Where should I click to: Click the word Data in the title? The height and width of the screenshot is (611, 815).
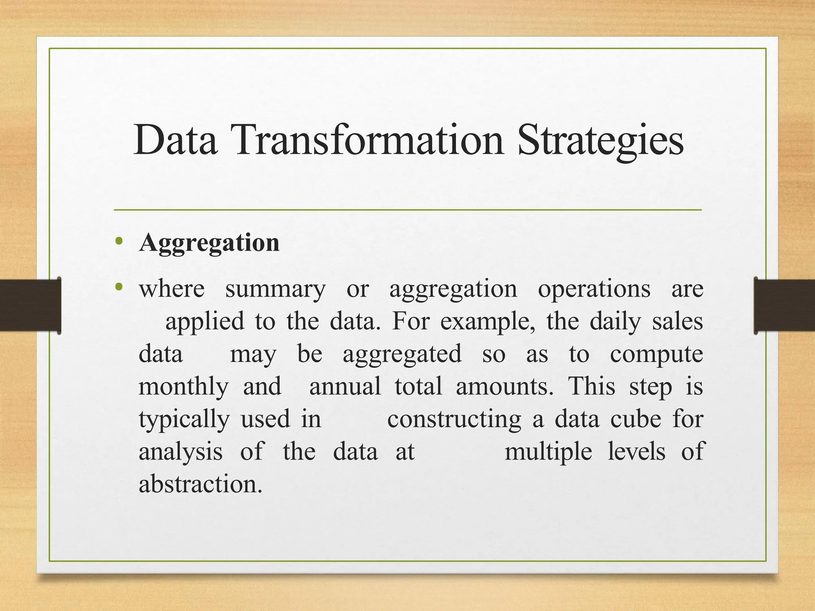(x=175, y=140)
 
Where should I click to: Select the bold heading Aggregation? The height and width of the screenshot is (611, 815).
(x=209, y=243)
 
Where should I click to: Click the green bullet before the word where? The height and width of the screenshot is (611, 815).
(x=119, y=287)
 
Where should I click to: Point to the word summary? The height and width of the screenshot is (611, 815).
(x=275, y=289)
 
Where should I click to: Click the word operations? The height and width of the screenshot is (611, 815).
(x=594, y=289)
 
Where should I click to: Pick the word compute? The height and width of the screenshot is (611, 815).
(x=657, y=354)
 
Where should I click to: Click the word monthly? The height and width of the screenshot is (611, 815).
(x=183, y=387)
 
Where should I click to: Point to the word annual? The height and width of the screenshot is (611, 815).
(x=345, y=387)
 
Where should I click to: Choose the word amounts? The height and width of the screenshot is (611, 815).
(x=504, y=387)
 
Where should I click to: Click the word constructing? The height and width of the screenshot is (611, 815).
(x=454, y=420)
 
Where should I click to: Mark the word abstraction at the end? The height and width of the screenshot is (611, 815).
(x=201, y=485)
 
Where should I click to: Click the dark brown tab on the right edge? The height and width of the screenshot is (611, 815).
(x=784, y=305)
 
